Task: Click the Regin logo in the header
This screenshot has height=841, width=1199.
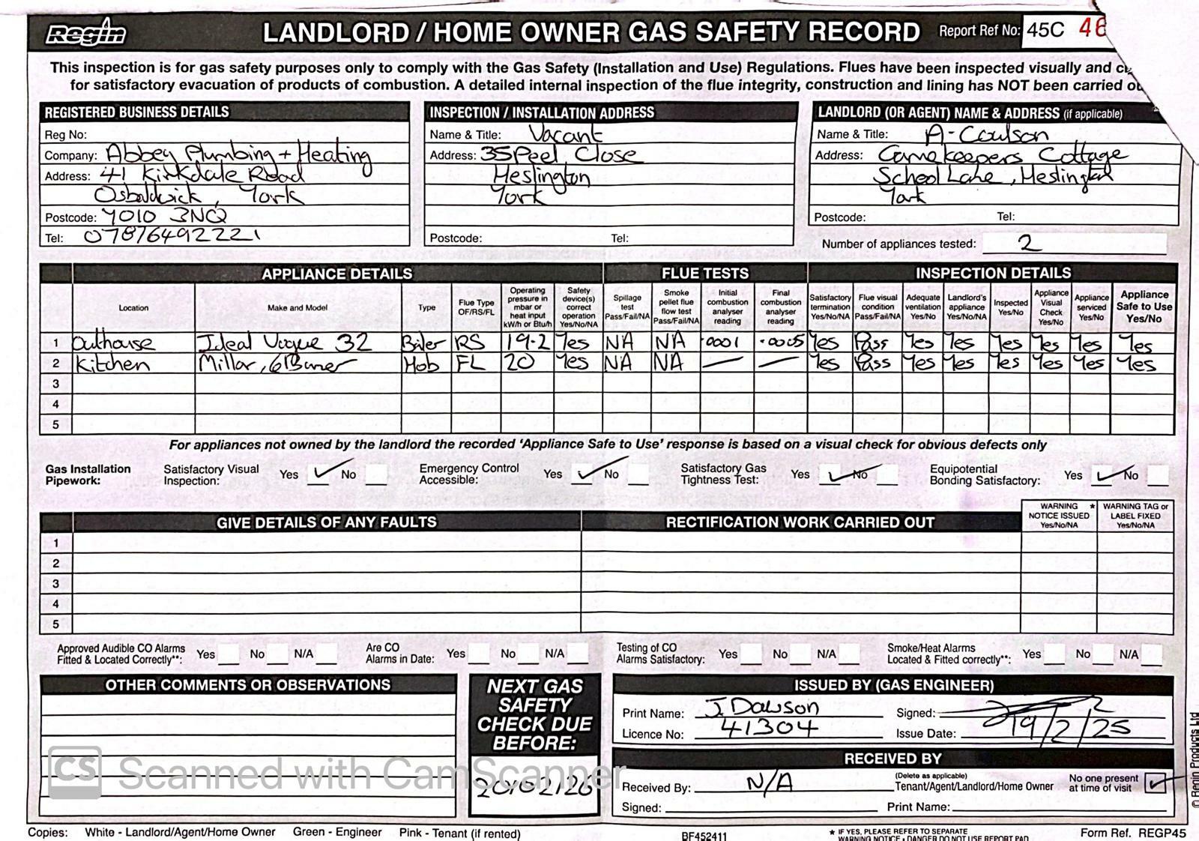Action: pyautogui.click(x=86, y=33)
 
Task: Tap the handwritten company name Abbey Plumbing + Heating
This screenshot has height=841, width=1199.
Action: pyautogui.click(x=238, y=155)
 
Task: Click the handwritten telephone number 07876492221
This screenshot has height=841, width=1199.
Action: pyautogui.click(x=172, y=236)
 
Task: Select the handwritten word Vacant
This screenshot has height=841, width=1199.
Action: pyautogui.click(x=565, y=133)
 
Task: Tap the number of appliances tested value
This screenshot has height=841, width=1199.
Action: pyautogui.click(x=1028, y=243)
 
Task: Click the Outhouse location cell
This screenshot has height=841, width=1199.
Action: pyautogui.click(x=114, y=343)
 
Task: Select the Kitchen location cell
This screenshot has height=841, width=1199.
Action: pyautogui.click(x=112, y=364)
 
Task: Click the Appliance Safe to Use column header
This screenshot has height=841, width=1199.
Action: pyautogui.click(x=1144, y=306)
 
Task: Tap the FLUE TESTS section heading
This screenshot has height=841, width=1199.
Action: pyautogui.click(x=704, y=273)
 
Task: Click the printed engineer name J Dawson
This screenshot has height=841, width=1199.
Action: pyautogui.click(x=763, y=707)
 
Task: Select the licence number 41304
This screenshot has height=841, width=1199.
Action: pyautogui.click(x=768, y=727)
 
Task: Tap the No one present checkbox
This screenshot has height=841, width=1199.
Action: pyautogui.click(x=1155, y=783)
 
